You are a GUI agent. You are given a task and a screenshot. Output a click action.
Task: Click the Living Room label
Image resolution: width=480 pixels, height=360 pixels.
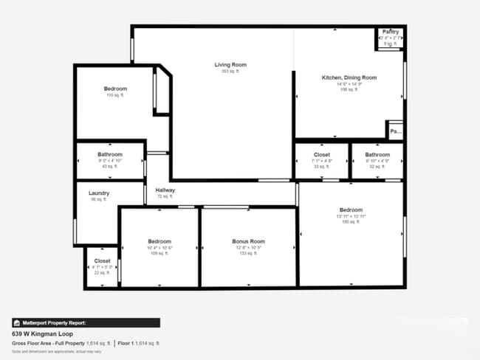[x=230, y=65]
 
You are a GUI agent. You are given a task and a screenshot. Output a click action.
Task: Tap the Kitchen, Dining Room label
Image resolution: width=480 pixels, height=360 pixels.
[x=349, y=77]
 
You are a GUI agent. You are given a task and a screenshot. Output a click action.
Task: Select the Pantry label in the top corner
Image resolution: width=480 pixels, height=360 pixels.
[x=391, y=32]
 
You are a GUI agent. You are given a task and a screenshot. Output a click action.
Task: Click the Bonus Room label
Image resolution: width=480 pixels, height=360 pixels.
[x=248, y=241]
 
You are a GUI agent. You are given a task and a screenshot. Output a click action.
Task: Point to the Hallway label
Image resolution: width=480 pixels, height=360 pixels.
[x=165, y=190]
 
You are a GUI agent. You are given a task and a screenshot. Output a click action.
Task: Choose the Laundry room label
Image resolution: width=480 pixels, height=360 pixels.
[x=99, y=193]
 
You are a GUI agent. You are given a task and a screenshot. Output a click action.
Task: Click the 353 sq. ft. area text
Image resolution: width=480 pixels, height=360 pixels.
[x=230, y=72]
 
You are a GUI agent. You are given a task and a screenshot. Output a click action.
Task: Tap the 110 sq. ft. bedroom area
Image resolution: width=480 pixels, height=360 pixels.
[x=115, y=96]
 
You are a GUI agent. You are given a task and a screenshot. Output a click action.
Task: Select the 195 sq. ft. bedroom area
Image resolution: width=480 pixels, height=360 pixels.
[x=351, y=222]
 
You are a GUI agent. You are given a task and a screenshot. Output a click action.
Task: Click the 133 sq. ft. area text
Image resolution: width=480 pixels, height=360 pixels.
[x=248, y=253]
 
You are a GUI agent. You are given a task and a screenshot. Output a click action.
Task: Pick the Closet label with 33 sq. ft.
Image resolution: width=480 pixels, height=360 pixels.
[x=321, y=155]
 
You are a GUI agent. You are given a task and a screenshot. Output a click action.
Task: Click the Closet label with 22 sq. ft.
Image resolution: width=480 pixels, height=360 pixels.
[x=102, y=260]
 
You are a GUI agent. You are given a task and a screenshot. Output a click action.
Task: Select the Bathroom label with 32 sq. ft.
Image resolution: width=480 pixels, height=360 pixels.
[x=377, y=155]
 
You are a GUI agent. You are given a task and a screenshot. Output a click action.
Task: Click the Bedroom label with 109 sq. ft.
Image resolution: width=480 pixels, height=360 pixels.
[x=160, y=241]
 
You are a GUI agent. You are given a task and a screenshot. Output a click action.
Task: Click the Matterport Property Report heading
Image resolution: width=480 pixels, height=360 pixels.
[x=54, y=322]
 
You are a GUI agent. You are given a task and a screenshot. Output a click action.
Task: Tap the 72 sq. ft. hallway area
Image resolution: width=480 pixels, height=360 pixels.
[x=165, y=197]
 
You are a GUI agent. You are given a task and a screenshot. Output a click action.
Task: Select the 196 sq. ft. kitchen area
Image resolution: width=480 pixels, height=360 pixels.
[x=349, y=90]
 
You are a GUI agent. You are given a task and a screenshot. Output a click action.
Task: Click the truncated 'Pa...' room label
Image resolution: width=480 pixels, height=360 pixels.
[x=396, y=132]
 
